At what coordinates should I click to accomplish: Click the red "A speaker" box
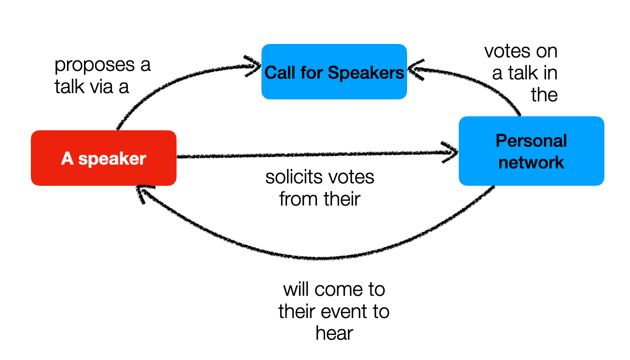click(103, 158)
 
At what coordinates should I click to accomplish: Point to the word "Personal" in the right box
click(531, 141)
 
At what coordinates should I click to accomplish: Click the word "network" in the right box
click(531, 162)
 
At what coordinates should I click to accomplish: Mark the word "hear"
click(334, 333)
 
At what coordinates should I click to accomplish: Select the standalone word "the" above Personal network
click(544, 95)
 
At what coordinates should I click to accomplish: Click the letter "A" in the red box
click(67, 158)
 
